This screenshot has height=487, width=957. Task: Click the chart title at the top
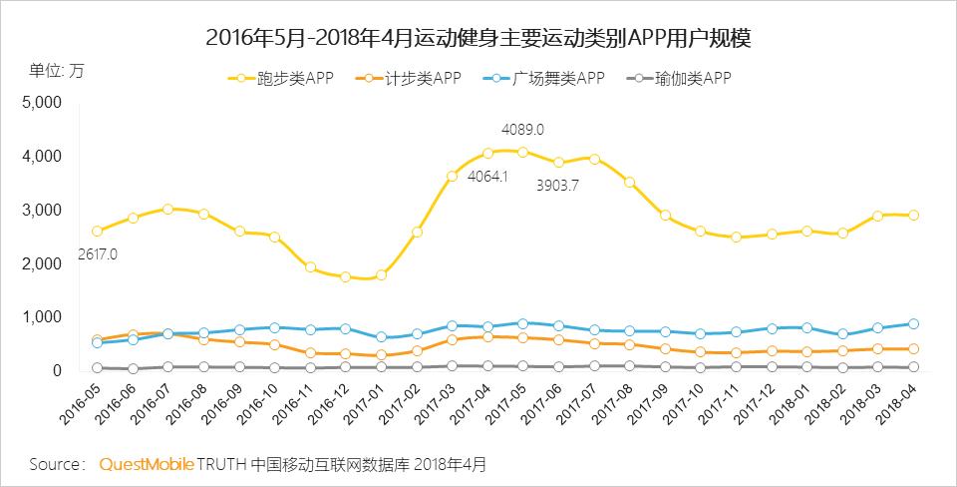[x=478, y=38]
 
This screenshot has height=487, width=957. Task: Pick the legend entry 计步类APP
[x=410, y=78]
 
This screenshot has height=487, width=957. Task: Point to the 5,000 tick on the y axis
[x=42, y=103]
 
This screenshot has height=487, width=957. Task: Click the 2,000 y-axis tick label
[x=42, y=263]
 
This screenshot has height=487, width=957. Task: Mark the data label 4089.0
[x=522, y=130]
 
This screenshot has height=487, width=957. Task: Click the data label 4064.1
[x=487, y=177]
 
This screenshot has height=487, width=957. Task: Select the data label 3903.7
[x=557, y=185]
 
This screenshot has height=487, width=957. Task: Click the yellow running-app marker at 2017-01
[x=381, y=274]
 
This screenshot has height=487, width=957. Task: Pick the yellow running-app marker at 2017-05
[x=523, y=152]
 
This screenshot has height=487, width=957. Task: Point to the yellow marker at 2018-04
[x=913, y=215]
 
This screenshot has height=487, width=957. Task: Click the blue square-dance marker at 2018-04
[x=913, y=323]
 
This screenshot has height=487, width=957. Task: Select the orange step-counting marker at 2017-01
[x=381, y=354]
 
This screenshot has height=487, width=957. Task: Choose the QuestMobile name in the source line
[x=146, y=465]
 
